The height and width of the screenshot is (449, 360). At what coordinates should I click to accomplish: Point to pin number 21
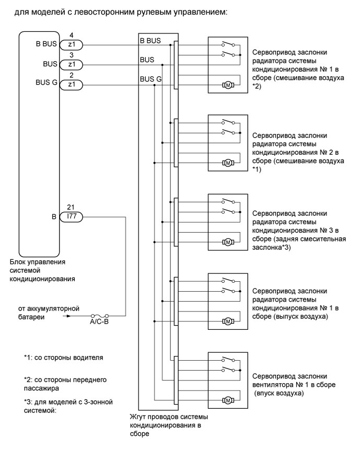72,207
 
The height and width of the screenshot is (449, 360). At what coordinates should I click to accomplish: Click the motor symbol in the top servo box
228,84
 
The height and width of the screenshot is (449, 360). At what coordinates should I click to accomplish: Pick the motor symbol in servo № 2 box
228,163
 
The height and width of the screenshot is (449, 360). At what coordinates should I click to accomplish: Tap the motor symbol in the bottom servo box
228,400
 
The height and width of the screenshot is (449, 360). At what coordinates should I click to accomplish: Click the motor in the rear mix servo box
228,241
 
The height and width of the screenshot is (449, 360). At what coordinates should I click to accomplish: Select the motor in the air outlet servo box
228,320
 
